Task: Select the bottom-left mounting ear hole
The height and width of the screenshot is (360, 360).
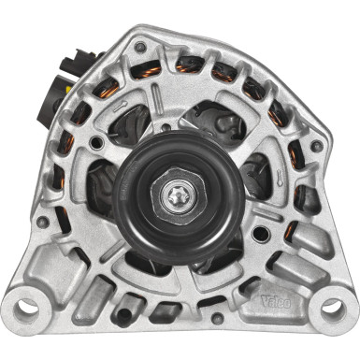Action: point(27,304)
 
